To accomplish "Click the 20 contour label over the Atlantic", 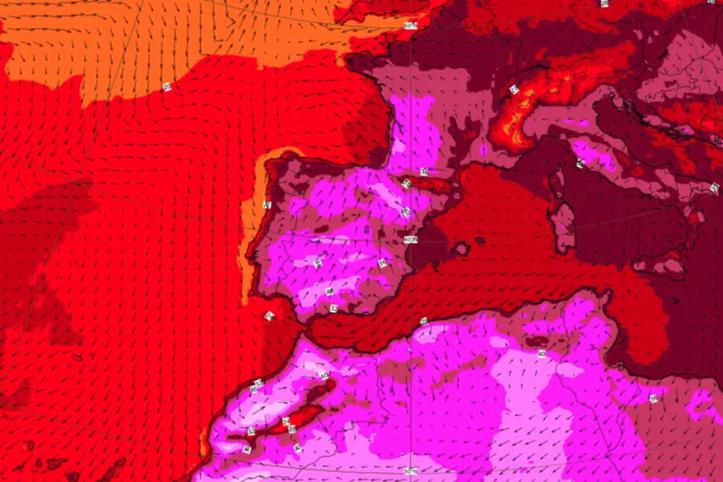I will click(168, 87).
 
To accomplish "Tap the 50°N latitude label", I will click(411, 26).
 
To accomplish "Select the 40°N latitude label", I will click(411, 240).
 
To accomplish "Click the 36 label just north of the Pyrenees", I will click(424, 171).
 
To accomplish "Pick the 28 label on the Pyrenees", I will click(406, 184).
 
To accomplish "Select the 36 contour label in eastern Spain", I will click(382, 263).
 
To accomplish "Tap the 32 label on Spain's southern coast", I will click(333, 309).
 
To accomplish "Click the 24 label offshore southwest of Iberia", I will click(269, 315).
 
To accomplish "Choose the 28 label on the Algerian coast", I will click(424, 320).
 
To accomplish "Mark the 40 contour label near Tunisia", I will click(542, 354).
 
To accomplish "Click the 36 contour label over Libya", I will click(653, 398).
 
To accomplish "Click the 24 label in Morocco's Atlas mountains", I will click(286, 421).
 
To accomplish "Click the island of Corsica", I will click(557, 184).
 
